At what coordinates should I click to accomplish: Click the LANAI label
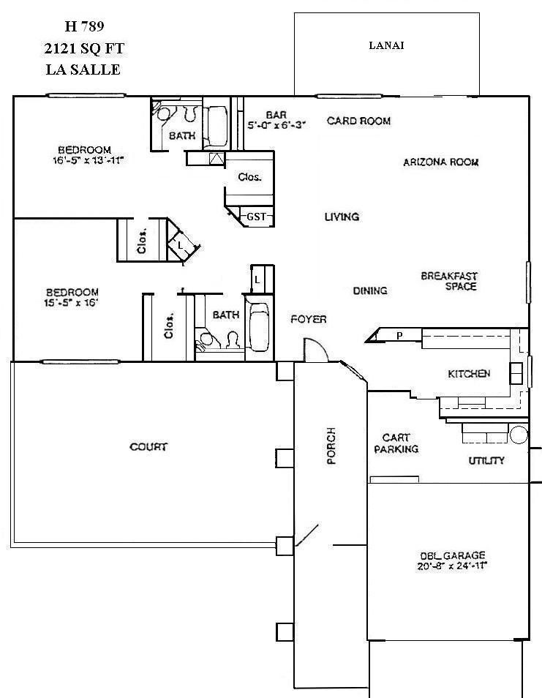pos(386,45)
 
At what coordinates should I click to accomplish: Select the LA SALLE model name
pos(83,70)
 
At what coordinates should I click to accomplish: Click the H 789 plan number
pos(84,26)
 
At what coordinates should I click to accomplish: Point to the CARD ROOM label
pos(358,121)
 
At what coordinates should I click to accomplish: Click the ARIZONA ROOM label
pos(440,162)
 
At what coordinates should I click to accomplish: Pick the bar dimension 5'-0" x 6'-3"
pos(275,125)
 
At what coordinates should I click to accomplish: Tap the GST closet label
pos(256,217)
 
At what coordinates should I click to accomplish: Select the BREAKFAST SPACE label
pos(449,281)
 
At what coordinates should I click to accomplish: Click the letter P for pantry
pos(399,336)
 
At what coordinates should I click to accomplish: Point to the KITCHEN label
pos(469,374)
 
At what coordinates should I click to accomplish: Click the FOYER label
pos(308,319)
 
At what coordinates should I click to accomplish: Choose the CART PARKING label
pos(396,443)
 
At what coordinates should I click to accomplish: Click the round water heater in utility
pos(518,435)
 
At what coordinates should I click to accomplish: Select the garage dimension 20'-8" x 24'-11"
pos(453,566)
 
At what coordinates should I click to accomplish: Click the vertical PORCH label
pos(331,446)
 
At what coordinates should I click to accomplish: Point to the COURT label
pos(148,446)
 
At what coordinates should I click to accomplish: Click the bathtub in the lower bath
pos(260,328)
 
